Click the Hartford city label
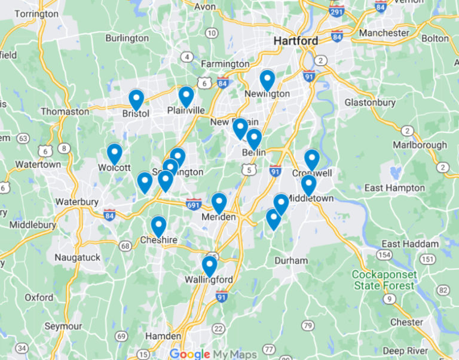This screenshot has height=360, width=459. coord(296,41)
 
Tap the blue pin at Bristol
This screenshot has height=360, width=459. coord(136,100)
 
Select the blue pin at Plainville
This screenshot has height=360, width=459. coord(186,96)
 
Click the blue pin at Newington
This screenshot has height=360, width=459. coord(267,80)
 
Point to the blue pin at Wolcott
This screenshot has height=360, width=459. coord(114,153)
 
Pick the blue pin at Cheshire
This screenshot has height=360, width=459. coord(158,226)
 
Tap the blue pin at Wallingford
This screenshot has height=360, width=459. coord(209,266)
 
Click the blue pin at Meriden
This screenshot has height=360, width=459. coord(219,203)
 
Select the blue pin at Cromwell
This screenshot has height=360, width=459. coord(312,159)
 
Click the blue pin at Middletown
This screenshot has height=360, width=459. coord(308,184)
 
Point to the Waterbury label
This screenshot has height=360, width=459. coord(77,202)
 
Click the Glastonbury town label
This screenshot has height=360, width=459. coord(370,103)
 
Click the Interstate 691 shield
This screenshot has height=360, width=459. coord(193,204)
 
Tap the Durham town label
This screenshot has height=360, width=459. coord(291,260)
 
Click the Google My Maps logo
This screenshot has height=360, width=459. coord(213,353)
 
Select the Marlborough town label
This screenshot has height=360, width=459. coord(420,144)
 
